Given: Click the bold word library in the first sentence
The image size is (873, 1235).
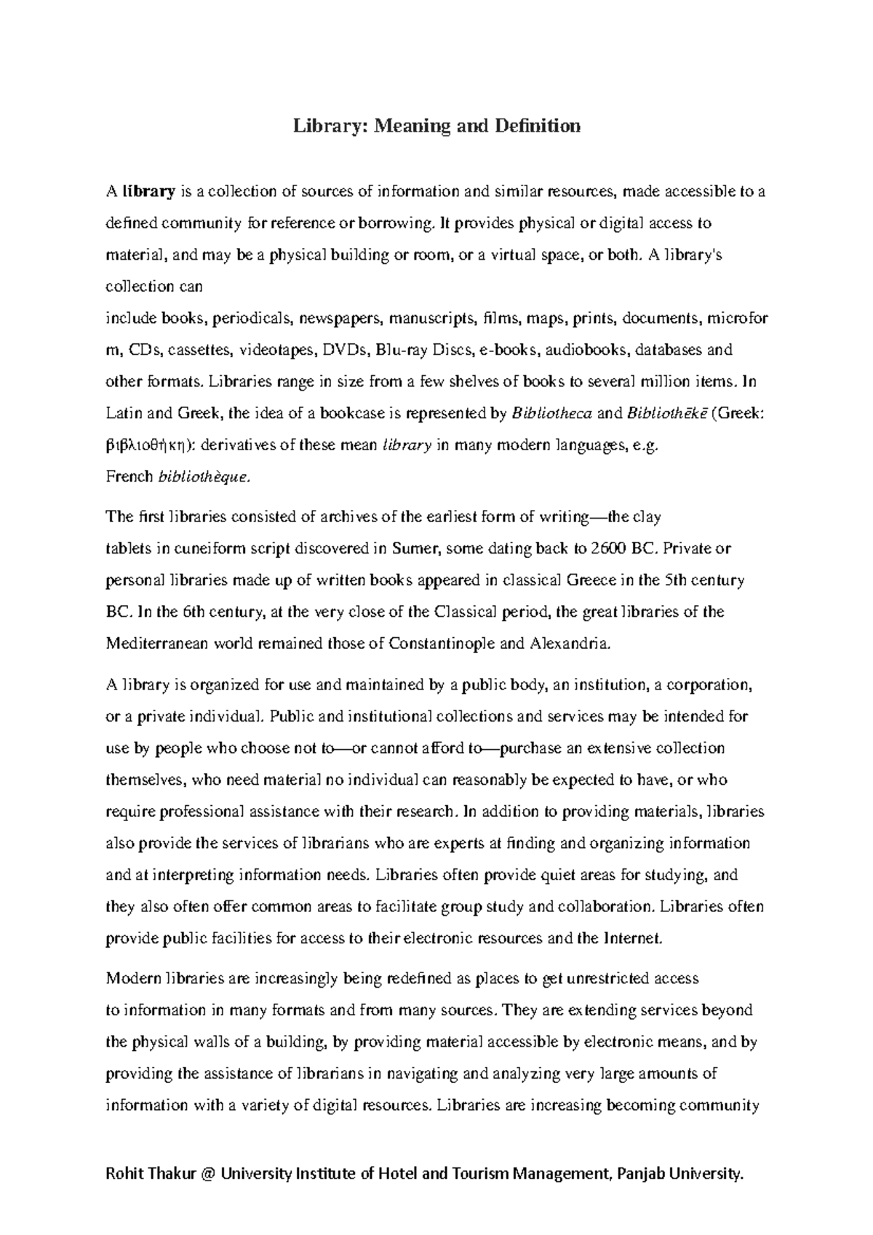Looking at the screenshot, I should (x=149, y=192).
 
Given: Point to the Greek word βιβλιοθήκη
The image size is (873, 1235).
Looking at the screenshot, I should (x=148, y=446).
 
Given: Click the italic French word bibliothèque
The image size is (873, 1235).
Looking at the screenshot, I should (x=204, y=477).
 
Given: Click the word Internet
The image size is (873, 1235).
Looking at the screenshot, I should (x=632, y=938).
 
